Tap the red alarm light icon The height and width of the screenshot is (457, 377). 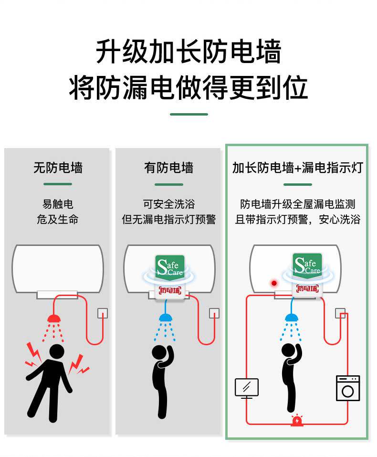[x=297, y=420]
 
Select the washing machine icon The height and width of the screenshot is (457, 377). [x=348, y=388]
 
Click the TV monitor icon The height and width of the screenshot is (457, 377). [x=247, y=388]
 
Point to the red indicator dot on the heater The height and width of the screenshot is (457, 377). [x=274, y=283]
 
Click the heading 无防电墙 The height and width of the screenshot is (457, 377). [x=58, y=168]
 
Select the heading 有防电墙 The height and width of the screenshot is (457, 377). [x=168, y=168]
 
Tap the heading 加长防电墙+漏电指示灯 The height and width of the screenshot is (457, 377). [x=297, y=168]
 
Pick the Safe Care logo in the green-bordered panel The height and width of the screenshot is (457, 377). [x=307, y=265]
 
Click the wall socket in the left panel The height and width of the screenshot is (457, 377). [x=103, y=313]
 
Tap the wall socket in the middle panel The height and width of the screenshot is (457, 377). [x=214, y=313]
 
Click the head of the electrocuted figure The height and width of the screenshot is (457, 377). [x=57, y=351]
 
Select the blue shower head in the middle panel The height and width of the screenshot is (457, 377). [x=166, y=318]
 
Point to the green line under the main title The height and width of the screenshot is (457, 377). [x=188, y=115]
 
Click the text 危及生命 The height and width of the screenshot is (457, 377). [x=58, y=220]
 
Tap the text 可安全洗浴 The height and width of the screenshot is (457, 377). [x=168, y=204]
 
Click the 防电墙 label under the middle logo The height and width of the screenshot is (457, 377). [x=170, y=290]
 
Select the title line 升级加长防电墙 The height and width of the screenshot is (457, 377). [x=188, y=52]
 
